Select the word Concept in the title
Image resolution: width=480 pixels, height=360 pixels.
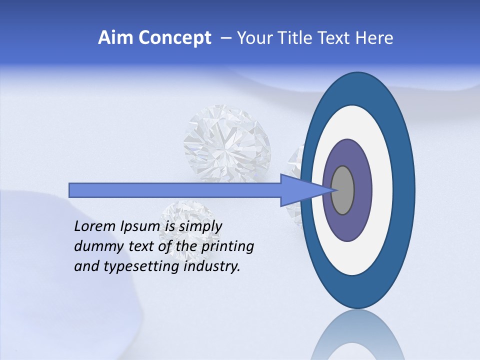tap(174, 38)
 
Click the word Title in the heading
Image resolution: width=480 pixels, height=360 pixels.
tap(297, 38)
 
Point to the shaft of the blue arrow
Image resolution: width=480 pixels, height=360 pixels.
tap(175, 190)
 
